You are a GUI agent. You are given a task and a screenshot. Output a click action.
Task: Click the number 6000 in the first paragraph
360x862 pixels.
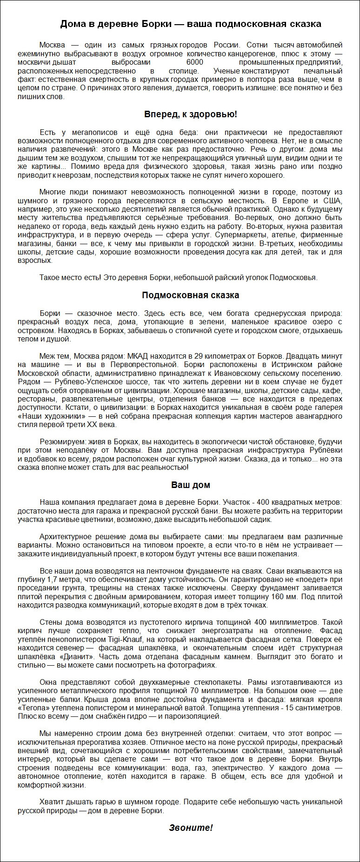tap(194, 62)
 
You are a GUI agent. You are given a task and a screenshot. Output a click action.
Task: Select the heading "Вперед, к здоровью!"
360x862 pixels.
tap(191, 114)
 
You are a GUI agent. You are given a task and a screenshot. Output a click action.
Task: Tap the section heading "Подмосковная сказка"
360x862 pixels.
tap(191, 295)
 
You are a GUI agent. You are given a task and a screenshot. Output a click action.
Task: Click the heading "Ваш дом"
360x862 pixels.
tap(191, 485)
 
